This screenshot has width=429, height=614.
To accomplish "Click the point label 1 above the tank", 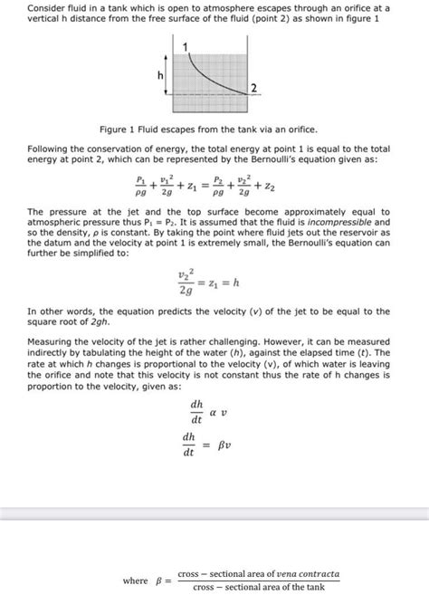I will click(x=186, y=45).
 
